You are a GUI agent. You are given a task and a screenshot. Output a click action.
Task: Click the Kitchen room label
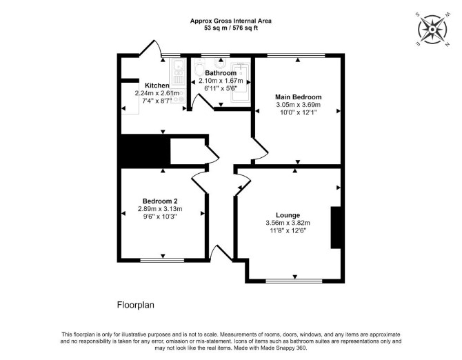pyautogui.click(x=157, y=86)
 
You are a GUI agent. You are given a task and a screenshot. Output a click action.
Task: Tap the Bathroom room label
pyautogui.click(x=221, y=73)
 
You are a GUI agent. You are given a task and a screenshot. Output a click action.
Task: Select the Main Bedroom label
pyautogui.click(x=298, y=97)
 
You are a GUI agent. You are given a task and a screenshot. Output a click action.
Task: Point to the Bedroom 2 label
pyautogui.click(x=160, y=201)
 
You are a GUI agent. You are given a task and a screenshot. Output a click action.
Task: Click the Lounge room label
pyautogui.click(x=288, y=215)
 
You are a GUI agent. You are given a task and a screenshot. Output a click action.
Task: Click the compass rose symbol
pyautogui.click(x=432, y=30)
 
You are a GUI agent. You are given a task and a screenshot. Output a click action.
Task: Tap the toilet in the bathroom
pyautogui.click(x=200, y=66)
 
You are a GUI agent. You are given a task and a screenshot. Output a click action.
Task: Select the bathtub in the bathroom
pyautogui.click(x=241, y=81)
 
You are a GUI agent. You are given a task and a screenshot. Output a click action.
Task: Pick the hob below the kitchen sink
pyautogui.click(x=179, y=96)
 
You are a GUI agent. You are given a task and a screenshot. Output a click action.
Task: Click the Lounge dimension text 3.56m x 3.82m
pyautogui.click(x=288, y=223)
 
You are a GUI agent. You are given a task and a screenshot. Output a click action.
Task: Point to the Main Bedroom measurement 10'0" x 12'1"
pyautogui.click(x=298, y=112)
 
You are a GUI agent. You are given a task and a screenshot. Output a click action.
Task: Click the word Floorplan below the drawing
pyautogui.click(x=136, y=305)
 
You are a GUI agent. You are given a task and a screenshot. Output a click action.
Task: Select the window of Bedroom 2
pyautogui.click(x=162, y=260)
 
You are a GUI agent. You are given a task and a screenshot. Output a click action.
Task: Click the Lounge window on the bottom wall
pyautogui.click(x=294, y=281)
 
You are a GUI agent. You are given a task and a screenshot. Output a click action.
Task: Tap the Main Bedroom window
pyautogui.click(x=296, y=55)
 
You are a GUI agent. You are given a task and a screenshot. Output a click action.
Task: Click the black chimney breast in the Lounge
pyautogui.click(x=336, y=228)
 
